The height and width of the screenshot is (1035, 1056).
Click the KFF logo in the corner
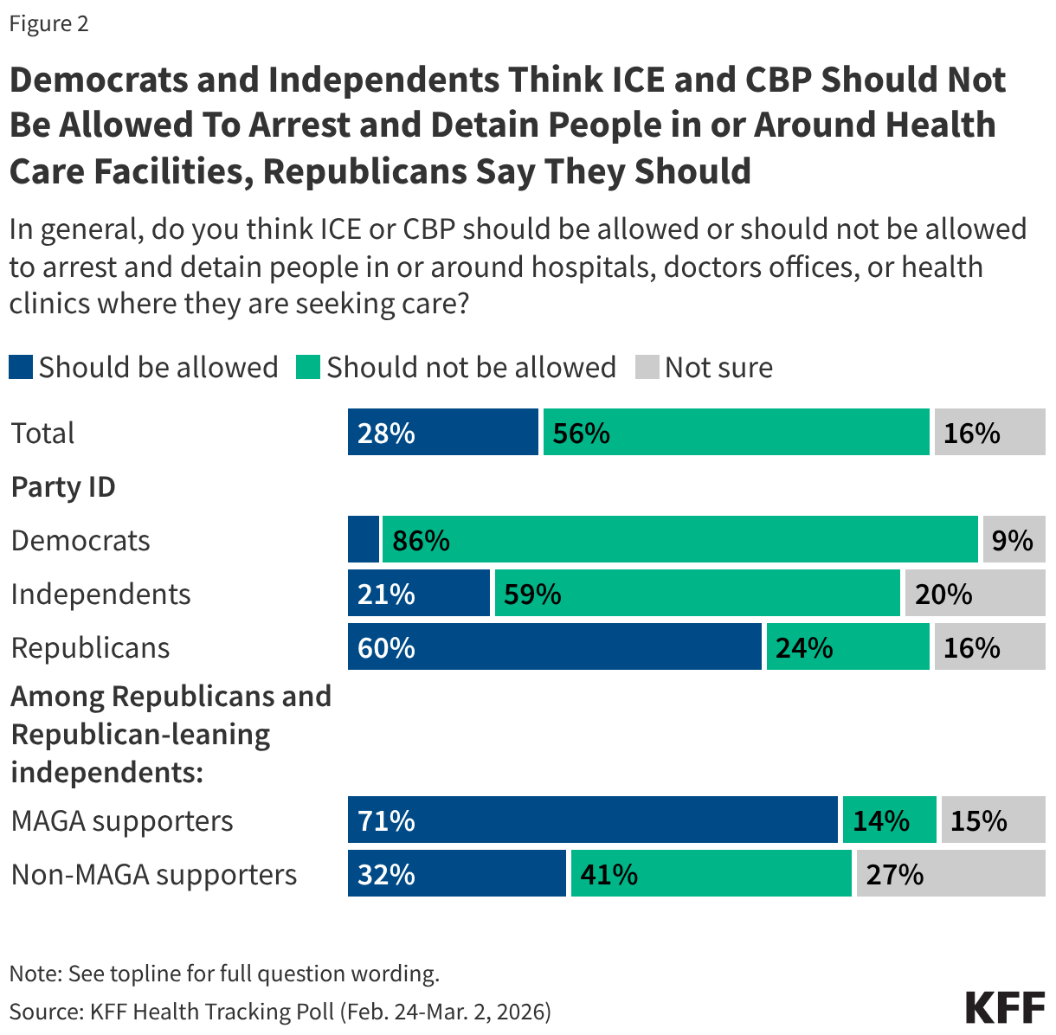point(1005,1007)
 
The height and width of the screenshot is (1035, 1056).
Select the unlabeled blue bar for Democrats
point(364,540)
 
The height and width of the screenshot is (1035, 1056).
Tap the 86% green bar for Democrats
point(680,540)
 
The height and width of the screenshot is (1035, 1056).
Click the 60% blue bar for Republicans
point(554,647)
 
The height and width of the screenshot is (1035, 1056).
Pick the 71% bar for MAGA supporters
point(593,820)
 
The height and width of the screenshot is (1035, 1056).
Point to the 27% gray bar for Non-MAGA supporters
point(950,874)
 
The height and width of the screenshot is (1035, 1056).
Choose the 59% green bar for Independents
point(697,594)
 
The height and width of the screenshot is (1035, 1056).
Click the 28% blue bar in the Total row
point(443,433)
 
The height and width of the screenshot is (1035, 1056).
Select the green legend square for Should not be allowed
point(308,367)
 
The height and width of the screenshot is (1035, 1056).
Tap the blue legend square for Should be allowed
point(21,367)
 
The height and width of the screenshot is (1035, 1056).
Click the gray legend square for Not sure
point(647,367)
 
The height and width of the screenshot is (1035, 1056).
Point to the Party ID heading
point(63,487)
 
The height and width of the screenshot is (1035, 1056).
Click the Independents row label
point(100,595)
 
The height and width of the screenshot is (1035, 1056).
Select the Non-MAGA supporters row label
point(154,875)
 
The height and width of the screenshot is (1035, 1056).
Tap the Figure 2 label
point(48,23)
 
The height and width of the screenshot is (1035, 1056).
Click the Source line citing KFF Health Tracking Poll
point(280,1012)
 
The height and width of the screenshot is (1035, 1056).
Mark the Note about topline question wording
point(224,974)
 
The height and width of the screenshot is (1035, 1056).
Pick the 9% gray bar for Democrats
point(1014,540)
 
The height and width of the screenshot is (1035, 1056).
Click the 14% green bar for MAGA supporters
point(889,820)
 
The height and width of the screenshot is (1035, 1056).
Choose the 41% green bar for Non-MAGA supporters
point(711,874)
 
